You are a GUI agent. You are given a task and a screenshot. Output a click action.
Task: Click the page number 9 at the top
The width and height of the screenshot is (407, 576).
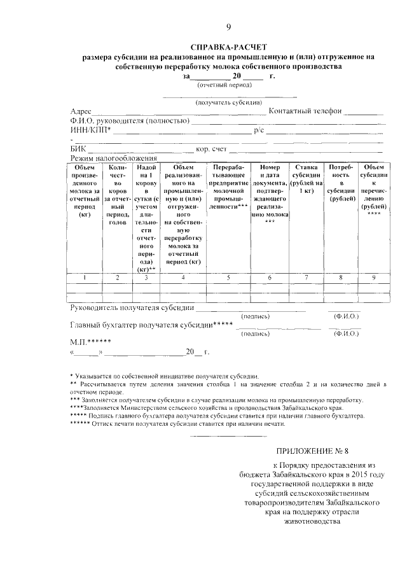228,26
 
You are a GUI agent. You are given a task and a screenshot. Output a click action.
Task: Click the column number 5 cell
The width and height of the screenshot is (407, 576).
228,277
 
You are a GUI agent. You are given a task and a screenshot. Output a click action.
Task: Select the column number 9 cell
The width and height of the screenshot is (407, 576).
373,277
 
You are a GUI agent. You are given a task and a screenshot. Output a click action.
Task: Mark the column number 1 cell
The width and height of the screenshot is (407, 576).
83,277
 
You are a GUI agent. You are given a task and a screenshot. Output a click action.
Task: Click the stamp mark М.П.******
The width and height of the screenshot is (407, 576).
92,342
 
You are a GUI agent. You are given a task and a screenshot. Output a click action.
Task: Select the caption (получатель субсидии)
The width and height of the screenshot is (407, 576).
228,102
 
